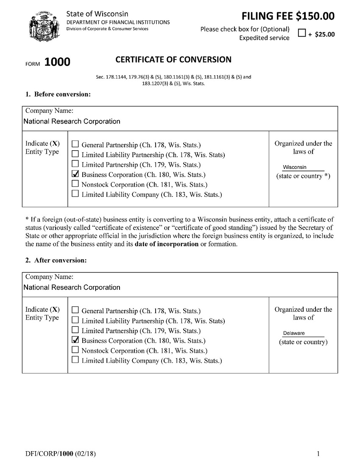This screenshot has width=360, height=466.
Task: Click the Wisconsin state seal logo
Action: coord(43,26)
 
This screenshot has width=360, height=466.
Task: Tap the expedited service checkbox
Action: coord(301,34)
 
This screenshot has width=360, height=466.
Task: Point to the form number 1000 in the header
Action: coord(57,62)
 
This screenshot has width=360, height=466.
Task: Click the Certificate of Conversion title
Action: coord(173,59)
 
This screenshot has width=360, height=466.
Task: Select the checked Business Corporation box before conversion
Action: coord(75,174)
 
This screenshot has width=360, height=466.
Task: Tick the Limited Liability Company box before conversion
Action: coord(75,194)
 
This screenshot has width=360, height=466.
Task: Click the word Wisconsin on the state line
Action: coord(295,167)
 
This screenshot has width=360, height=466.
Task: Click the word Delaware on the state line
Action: coord(294,333)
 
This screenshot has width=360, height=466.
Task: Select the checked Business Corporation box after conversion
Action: coord(75,340)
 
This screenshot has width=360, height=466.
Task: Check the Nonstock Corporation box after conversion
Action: coord(75,350)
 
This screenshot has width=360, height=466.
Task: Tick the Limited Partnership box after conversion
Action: coord(75,330)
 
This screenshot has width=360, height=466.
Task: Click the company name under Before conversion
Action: coord(72,121)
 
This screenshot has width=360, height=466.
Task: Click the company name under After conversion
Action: coord(72,287)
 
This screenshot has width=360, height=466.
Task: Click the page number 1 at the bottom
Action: coord(318,454)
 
